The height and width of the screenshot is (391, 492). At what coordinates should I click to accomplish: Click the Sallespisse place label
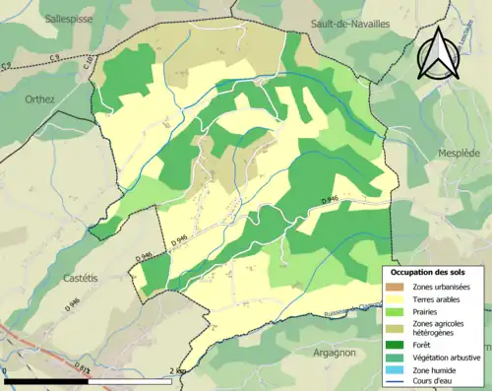[72, 18]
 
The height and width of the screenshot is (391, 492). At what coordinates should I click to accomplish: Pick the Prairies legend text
[428, 311]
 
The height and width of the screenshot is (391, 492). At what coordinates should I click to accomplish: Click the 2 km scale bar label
[178, 371]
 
